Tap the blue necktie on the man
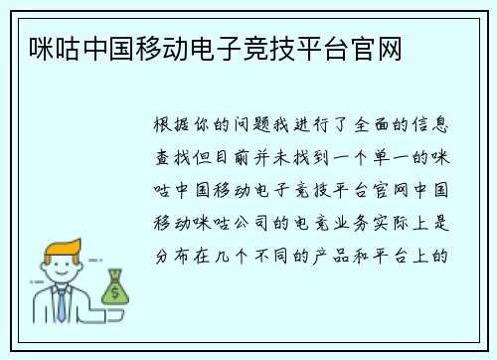tap(61, 304)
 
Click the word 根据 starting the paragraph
tap(175, 127)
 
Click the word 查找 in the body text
tap(175, 157)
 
